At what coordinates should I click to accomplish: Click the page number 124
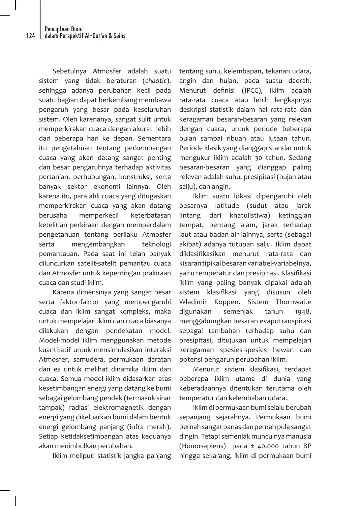[x=31, y=36]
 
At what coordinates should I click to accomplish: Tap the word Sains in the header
[x=119, y=36]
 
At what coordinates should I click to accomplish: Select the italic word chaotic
[x=156, y=81]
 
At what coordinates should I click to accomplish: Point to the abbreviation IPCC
[x=252, y=90]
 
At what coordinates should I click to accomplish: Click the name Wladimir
[x=193, y=302]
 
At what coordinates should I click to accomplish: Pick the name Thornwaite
[x=293, y=302]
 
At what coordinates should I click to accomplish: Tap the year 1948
[x=303, y=312]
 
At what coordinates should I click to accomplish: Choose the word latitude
[x=227, y=206]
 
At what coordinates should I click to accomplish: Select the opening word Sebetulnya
[x=69, y=71]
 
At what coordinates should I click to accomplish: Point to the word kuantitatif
[x=54, y=350]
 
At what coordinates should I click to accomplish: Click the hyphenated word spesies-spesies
[x=243, y=350]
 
